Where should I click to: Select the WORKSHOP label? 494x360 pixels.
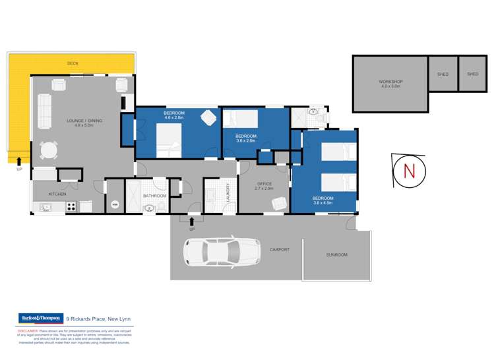390,84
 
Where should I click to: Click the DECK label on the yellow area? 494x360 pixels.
73,63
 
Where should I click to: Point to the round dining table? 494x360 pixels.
48,151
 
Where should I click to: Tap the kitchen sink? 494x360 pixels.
46,208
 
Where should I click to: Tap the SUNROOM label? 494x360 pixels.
336,255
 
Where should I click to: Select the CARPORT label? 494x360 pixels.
280,249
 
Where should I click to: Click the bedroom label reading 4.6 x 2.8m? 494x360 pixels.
174,116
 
